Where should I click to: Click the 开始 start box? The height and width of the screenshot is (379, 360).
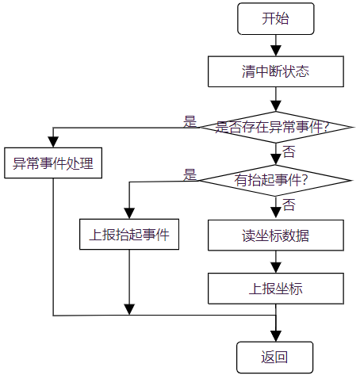pos(275,18)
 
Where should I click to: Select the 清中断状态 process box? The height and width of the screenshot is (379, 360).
pos(275,71)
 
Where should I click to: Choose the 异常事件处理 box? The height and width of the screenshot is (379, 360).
pos(52,164)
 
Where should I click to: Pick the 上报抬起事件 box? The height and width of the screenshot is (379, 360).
pos(129,235)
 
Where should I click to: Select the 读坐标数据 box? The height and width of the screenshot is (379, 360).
pos(275,235)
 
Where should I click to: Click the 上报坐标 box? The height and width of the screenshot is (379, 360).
pos(275,288)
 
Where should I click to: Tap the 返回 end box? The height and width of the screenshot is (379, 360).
pos(275,357)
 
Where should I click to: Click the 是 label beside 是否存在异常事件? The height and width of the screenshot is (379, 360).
pos(190,121)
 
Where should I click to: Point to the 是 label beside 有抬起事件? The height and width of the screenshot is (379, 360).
pos(190,175)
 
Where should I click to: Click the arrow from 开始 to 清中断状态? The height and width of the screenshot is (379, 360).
pos(275,45)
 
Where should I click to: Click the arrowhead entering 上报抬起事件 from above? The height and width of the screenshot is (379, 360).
pos(129,213)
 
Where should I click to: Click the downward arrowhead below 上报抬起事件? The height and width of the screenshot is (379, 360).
pos(129,308)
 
